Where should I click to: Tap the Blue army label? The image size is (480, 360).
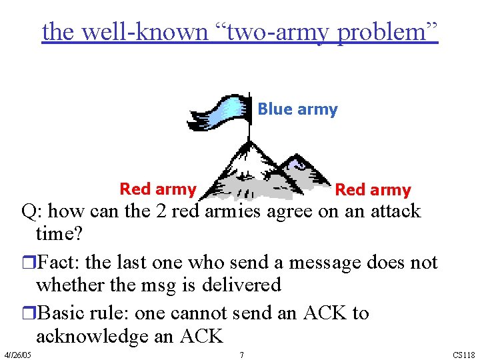click(297, 109)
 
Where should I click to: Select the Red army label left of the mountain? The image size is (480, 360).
click(157, 189)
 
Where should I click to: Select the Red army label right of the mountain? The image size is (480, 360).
click(373, 190)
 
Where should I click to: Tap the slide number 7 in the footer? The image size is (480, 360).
click(242, 355)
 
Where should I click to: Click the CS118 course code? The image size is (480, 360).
click(463, 355)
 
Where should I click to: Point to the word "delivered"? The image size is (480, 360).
click(241, 285)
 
